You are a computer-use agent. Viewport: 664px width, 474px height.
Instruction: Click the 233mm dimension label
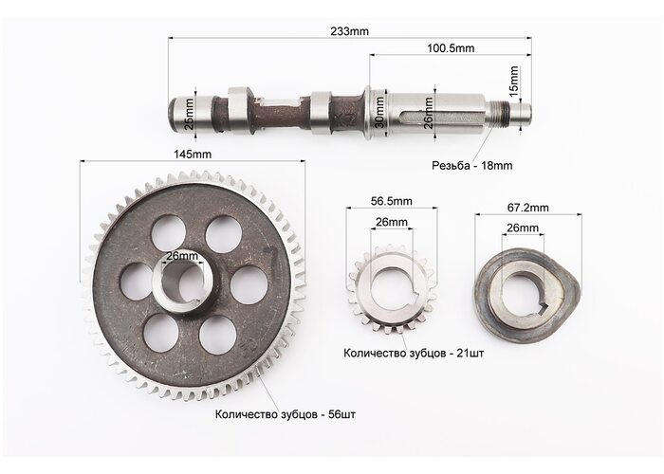(x=349, y=31)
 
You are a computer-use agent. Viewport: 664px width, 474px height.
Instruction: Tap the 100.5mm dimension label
(x=451, y=48)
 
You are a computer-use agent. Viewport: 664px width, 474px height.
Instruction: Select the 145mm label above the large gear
(x=193, y=154)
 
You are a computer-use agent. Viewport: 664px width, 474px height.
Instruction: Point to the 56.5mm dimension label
(x=391, y=201)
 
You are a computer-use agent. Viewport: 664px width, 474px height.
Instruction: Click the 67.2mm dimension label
(x=527, y=208)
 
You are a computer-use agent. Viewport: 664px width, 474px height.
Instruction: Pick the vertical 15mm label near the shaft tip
(x=514, y=82)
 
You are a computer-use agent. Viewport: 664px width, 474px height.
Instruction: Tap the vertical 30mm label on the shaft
(x=379, y=113)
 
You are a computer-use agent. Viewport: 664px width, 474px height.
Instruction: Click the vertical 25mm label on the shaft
(x=190, y=114)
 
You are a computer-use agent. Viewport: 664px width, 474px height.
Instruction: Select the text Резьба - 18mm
(x=471, y=166)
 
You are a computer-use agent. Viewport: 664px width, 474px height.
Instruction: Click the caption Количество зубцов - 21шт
(x=414, y=353)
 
